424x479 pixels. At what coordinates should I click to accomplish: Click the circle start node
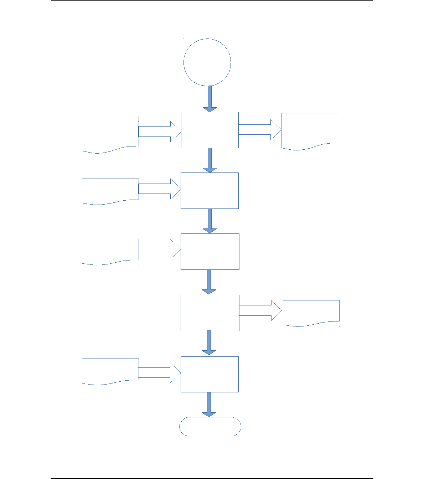point(207,62)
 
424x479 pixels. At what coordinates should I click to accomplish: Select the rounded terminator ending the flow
point(210,427)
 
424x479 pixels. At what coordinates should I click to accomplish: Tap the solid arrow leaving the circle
point(210,99)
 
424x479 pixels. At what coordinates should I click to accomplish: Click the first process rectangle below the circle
point(210,130)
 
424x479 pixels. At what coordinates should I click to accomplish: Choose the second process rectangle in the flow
point(210,191)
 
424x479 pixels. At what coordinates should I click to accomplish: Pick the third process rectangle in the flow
point(210,252)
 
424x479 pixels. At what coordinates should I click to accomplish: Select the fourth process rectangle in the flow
point(210,313)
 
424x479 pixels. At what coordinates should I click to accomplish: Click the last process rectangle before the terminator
point(210,374)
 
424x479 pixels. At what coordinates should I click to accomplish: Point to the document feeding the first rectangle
point(110,133)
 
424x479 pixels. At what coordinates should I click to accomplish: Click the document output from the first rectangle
point(310,130)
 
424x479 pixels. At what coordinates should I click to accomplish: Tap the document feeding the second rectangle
point(110,191)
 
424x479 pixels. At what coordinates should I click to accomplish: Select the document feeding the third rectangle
point(110,251)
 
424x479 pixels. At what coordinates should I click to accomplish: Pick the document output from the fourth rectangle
point(311,312)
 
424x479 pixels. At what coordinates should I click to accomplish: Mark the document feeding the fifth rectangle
point(110,371)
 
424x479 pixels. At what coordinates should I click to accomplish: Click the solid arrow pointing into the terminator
point(209,405)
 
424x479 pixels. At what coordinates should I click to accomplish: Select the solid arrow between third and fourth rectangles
point(209,282)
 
